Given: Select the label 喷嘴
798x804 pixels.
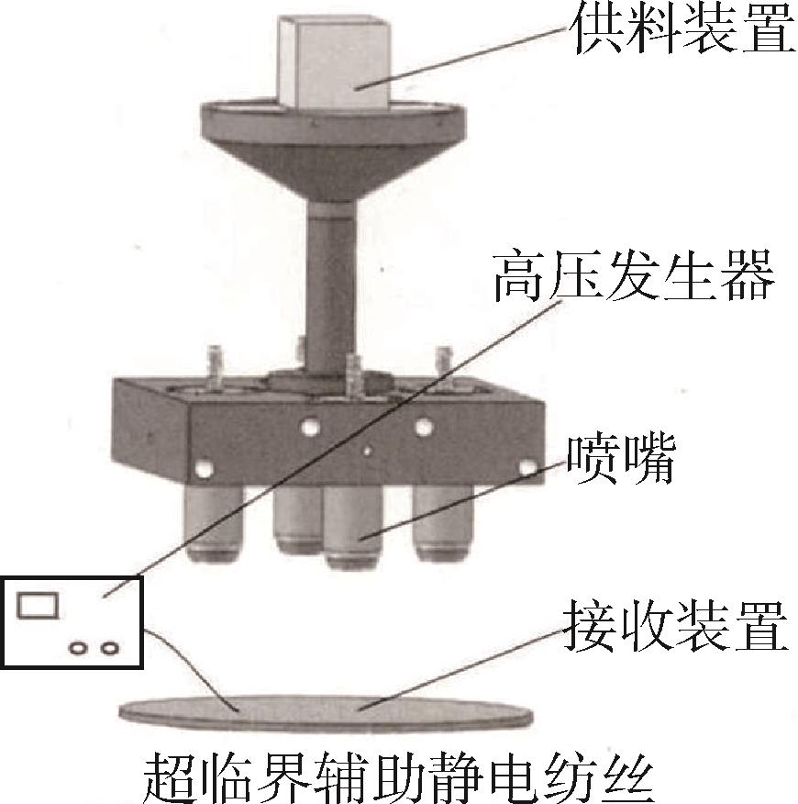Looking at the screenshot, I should point(621,460).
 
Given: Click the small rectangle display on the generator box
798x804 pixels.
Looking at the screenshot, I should point(37,605).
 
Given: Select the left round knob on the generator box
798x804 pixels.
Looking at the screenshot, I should point(79,649).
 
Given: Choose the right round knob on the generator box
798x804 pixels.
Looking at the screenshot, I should point(110,649).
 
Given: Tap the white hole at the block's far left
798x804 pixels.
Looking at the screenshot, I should point(205,468).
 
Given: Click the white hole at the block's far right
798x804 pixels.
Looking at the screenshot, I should point(526,467).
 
